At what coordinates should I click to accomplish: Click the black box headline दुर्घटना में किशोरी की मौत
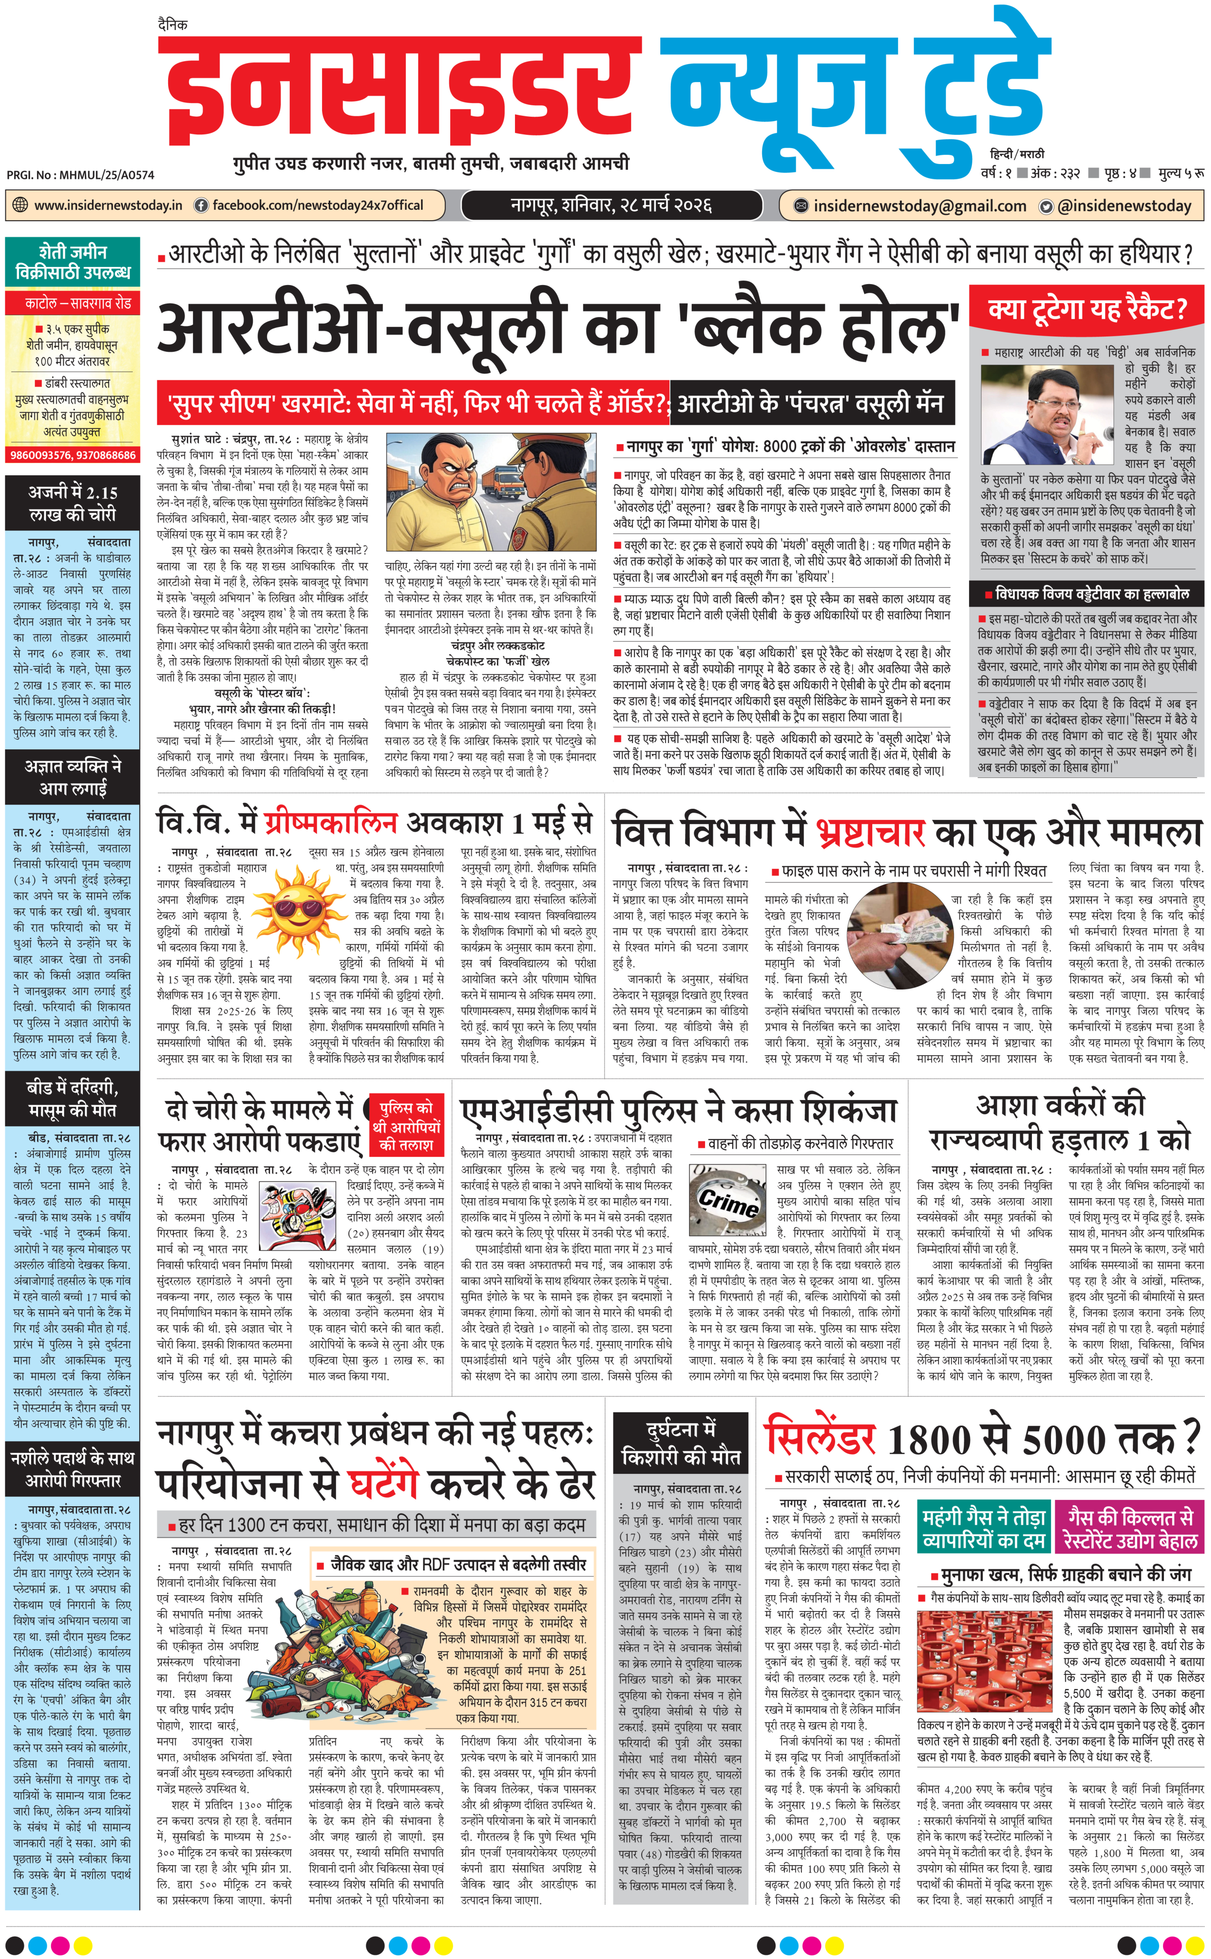(682, 1443)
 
